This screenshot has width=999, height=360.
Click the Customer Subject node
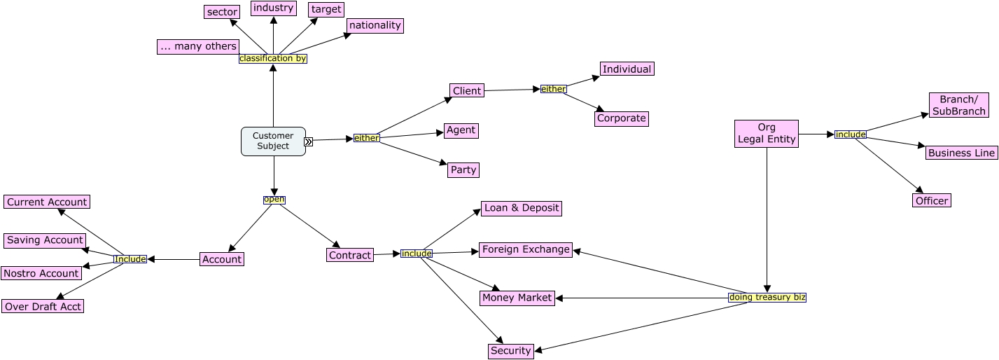point(273,141)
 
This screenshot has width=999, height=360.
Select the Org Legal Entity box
point(767,134)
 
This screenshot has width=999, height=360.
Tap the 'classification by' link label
point(273,59)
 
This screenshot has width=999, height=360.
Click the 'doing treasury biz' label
point(767,298)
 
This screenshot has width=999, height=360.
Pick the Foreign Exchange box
point(526,250)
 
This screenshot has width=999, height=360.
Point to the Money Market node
point(517,298)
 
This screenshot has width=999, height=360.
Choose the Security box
point(510,351)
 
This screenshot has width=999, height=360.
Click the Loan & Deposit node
point(522,209)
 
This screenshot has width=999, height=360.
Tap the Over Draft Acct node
point(43,307)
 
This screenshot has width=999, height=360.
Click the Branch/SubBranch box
point(958,105)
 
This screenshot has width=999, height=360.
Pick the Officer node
point(932,201)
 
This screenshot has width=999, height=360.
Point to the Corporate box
point(621,119)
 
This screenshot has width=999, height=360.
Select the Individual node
point(627,69)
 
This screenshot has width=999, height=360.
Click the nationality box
point(375,26)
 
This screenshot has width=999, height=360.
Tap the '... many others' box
point(198,47)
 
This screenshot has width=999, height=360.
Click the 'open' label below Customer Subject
point(274,200)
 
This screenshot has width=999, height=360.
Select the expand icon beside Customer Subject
point(309,141)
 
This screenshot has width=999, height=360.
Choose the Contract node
point(349,256)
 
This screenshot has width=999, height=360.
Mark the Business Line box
point(961,153)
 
